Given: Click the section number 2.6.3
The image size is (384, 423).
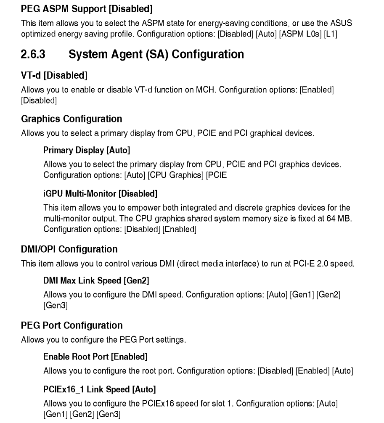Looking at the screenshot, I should click(33, 54).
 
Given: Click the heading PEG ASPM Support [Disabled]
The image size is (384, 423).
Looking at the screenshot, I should click(87, 8).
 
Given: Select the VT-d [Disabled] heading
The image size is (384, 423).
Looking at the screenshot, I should click(54, 75).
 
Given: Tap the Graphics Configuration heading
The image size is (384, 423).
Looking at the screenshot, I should click(72, 119).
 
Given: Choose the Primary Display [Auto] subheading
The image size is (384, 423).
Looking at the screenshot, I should click(87, 150).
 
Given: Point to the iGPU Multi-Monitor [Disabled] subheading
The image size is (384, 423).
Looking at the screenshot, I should click(100, 194).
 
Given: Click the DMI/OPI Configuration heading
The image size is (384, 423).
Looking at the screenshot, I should click(69, 249).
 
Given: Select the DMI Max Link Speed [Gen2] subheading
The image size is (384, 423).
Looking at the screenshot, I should click(96, 280).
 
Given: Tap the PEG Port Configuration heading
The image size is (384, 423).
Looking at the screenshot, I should click(72, 325).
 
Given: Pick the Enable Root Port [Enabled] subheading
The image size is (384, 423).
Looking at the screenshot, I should click(95, 357).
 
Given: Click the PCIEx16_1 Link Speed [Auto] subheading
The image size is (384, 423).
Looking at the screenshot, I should click(100, 389).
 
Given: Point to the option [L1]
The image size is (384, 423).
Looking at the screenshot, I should click(331, 34).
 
